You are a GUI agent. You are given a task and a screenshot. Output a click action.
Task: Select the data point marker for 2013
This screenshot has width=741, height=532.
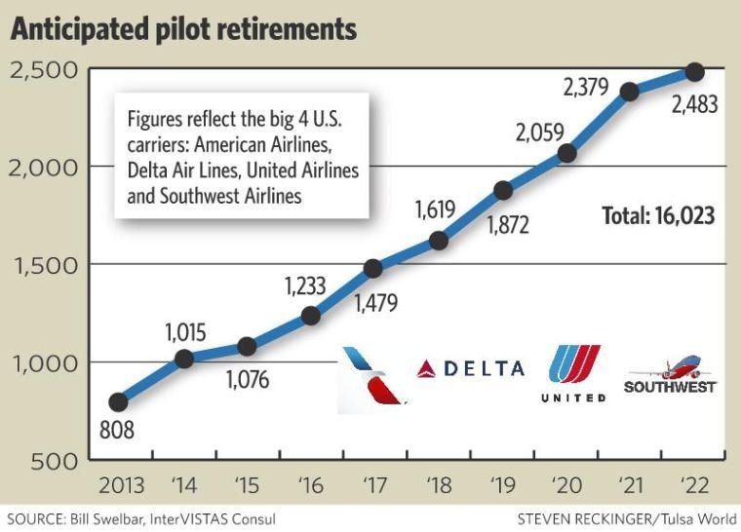click(119, 401)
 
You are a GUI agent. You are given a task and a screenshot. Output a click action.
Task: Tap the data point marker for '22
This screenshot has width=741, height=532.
click(694, 72)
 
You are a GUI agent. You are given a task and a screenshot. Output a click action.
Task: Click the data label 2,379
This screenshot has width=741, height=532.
click(587, 88)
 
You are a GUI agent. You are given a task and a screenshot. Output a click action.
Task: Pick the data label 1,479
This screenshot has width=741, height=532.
click(376, 305)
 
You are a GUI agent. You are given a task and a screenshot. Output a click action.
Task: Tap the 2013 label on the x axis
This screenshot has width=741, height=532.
click(119, 484)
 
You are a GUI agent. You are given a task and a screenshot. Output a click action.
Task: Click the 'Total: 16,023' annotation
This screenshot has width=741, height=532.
click(658, 215)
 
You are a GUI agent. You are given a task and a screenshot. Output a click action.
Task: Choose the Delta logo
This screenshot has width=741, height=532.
click(470, 368)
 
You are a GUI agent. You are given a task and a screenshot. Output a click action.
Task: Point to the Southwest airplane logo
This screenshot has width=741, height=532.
click(669, 375)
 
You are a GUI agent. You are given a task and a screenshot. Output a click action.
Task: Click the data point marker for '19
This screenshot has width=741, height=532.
click(503, 190)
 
